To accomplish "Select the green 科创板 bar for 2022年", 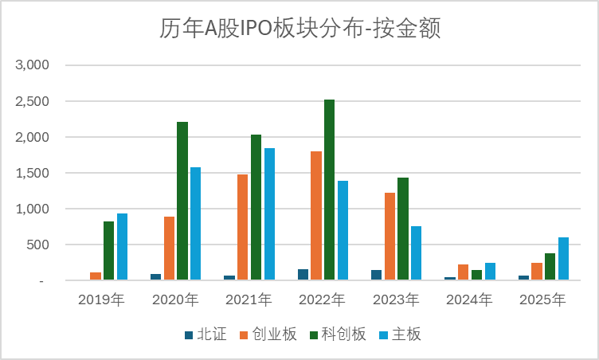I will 329,190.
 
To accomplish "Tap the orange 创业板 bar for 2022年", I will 315,216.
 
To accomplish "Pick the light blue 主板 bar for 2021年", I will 270,214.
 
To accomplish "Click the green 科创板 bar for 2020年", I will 182,202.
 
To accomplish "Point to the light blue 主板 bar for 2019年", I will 122,247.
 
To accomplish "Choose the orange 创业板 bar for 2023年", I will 390,237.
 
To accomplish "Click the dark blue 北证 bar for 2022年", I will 303,275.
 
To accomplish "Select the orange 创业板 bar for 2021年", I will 242,228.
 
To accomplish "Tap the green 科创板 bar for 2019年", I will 108,251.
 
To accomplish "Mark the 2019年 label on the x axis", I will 102,300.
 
